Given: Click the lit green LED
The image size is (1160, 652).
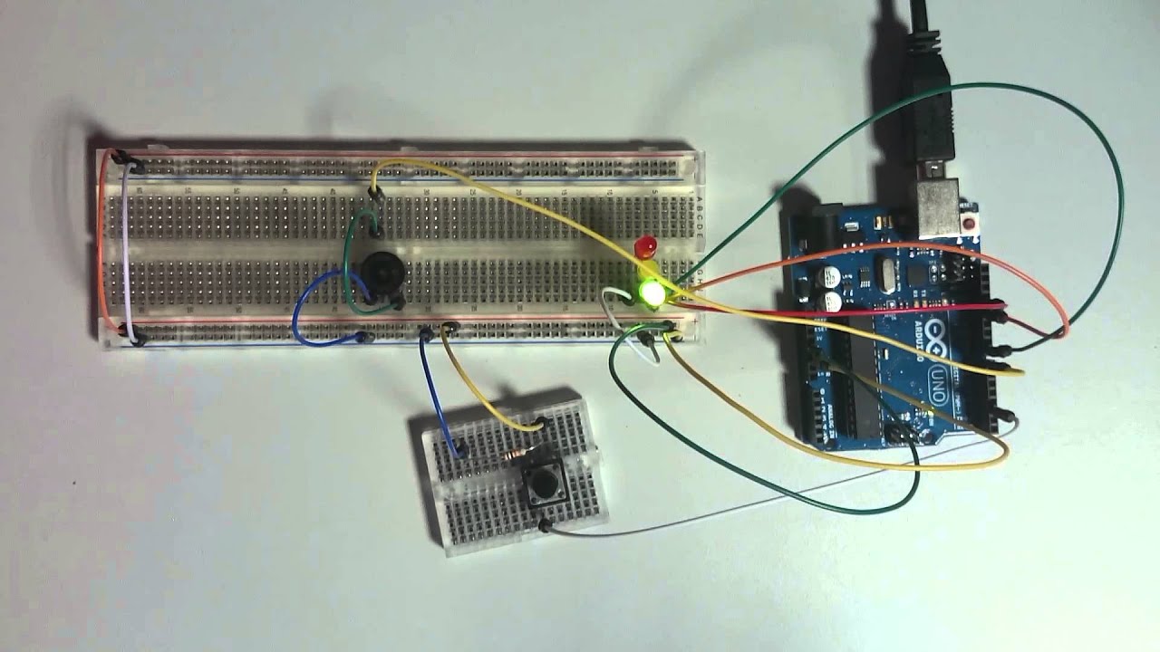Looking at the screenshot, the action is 650,292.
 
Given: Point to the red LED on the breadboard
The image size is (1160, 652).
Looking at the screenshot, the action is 646,246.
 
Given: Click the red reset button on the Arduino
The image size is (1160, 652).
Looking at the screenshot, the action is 971,223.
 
